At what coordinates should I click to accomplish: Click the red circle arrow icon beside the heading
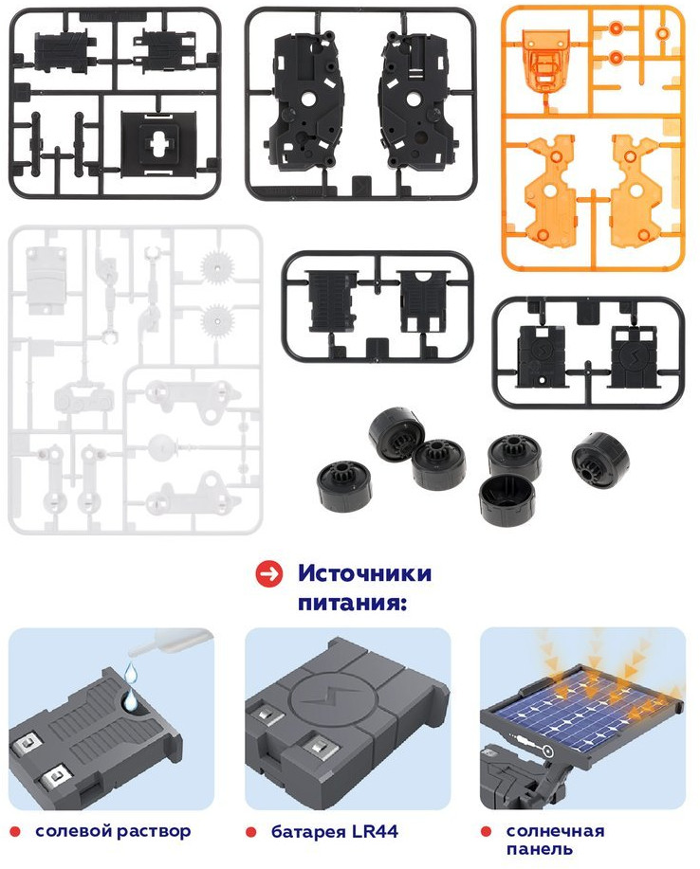click(269, 573)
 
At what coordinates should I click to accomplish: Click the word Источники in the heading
click(364, 573)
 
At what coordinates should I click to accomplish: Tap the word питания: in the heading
click(352, 602)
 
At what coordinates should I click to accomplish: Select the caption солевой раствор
click(113, 831)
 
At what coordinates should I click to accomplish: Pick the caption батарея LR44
click(335, 831)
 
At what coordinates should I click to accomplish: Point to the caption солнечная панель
click(555, 840)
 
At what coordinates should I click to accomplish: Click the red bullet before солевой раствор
click(15, 832)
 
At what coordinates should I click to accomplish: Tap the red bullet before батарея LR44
click(251, 832)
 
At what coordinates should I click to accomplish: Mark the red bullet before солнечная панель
click(487, 831)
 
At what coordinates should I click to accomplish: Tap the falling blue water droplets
click(130, 686)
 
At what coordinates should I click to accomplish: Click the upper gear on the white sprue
click(216, 266)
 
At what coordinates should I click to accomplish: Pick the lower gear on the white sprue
click(216, 320)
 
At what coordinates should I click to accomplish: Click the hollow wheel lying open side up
click(507, 498)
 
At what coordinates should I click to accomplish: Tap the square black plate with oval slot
click(158, 142)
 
